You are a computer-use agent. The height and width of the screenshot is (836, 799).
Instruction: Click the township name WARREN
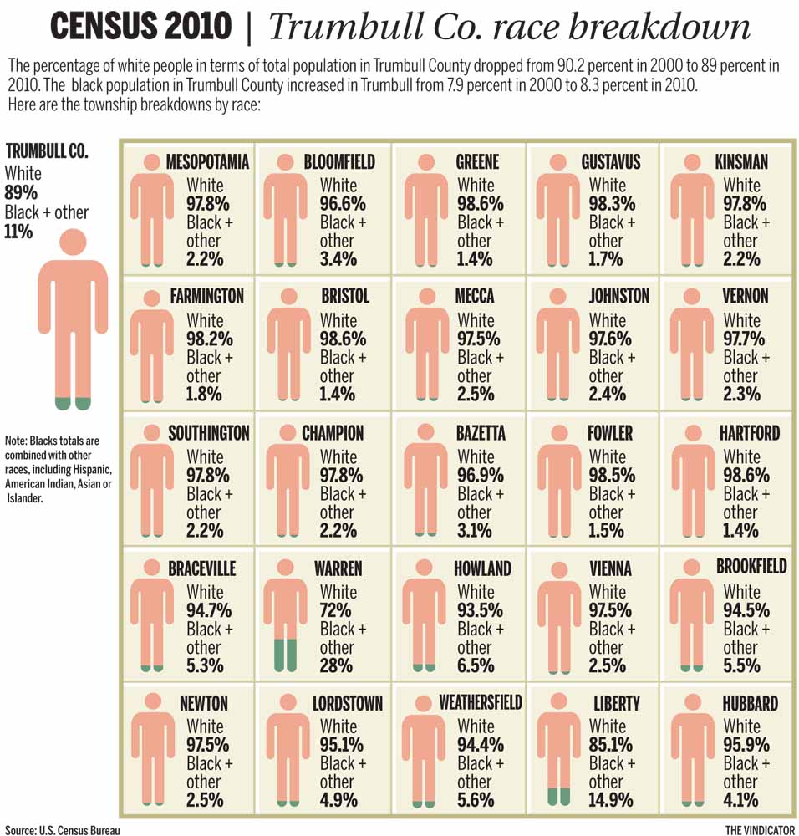[338, 568]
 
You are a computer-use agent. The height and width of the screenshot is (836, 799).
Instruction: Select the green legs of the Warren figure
[286, 654]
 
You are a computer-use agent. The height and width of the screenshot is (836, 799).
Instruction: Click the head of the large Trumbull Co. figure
[73, 242]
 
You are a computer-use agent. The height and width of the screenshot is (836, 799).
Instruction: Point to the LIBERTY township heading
[616, 703]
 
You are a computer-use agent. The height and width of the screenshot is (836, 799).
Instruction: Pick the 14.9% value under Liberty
[611, 800]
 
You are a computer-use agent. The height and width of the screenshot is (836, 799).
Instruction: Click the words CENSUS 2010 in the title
[140, 27]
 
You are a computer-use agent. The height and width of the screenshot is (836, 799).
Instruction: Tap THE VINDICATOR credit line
[758, 829]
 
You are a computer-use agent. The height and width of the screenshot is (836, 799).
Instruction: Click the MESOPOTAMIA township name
[207, 161]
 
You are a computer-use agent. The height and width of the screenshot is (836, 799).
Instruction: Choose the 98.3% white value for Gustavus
[611, 203]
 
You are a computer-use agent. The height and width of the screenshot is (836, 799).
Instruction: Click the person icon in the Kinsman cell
[691, 209]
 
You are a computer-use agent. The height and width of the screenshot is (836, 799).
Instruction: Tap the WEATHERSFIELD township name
[480, 703]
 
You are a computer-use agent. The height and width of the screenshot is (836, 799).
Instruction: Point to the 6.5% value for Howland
[475, 665]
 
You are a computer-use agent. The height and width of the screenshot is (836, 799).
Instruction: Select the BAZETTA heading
[480, 433]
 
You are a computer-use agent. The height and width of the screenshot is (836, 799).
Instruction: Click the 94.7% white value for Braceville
[206, 610]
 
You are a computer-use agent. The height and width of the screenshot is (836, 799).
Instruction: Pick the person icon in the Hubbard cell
[691, 748]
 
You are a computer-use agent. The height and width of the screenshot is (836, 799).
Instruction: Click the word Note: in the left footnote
[16, 441]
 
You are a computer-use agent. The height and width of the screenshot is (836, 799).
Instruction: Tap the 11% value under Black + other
[18, 232]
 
